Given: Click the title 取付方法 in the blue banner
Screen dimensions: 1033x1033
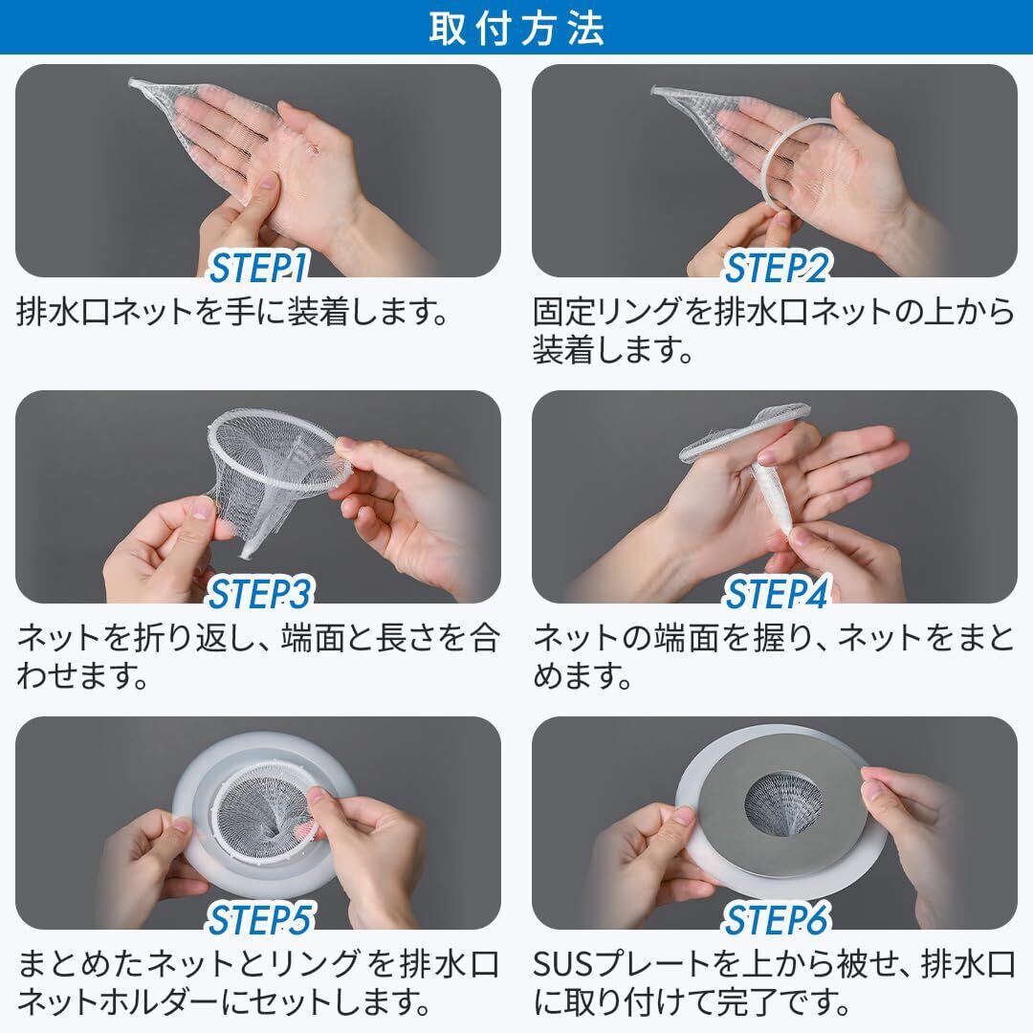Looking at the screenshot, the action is click(x=516, y=28).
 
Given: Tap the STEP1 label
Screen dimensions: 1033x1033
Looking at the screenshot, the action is click(x=259, y=268).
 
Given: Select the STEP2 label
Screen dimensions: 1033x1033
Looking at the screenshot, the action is click(x=777, y=268).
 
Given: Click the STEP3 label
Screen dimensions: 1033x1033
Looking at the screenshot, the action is click(x=259, y=594).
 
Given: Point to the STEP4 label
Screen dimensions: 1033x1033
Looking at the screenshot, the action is click(x=777, y=594).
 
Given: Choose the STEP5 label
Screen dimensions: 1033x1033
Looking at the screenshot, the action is click(x=259, y=920).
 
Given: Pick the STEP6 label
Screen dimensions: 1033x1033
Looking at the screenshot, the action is click(x=777, y=920).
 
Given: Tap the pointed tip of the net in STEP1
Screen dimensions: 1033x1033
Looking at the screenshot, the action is click(x=132, y=82).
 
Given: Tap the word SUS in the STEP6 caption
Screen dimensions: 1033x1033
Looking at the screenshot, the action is click(x=565, y=966).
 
